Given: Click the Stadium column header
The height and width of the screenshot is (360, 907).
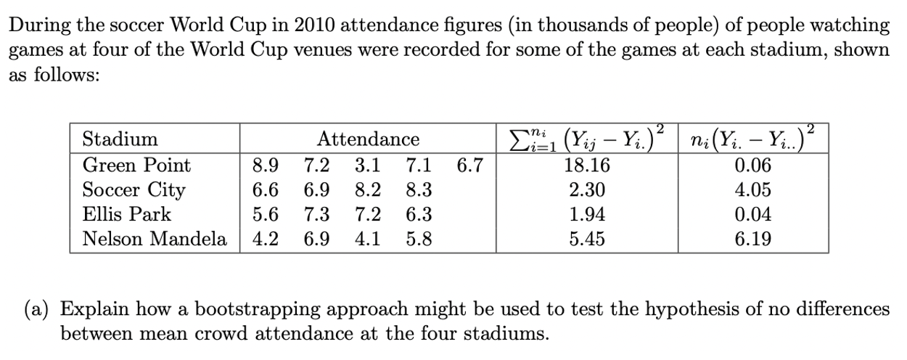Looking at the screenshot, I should click(x=120, y=139).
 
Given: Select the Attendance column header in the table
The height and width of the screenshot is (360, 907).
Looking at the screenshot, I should click(x=369, y=139).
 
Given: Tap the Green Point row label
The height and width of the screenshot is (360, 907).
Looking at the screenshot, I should click(x=136, y=165).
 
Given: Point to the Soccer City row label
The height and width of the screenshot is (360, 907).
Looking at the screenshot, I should click(x=134, y=190).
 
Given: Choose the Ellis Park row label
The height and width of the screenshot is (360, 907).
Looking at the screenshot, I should click(x=127, y=215).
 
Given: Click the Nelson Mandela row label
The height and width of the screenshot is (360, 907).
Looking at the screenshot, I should click(x=155, y=239).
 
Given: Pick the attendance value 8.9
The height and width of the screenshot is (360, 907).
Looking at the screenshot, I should click(x=265, y=165).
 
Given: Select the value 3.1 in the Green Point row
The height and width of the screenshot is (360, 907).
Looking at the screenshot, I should click(x=367, y=165).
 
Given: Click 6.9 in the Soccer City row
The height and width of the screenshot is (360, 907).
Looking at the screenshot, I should click(x=316, y=190).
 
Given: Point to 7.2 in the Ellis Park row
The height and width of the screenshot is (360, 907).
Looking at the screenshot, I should click(x=367, y=215).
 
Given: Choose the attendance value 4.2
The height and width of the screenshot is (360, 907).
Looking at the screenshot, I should click(x=265, y=239).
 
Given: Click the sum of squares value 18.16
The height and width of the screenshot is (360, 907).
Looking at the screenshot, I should click(x=587, y=165).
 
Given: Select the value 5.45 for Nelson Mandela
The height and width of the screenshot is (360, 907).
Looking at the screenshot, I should click(x=587, y=239).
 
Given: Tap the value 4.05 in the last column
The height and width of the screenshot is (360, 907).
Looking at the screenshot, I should click(x=753, y=190).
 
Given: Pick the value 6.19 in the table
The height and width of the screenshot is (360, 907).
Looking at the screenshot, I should click(x=753, y=239).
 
